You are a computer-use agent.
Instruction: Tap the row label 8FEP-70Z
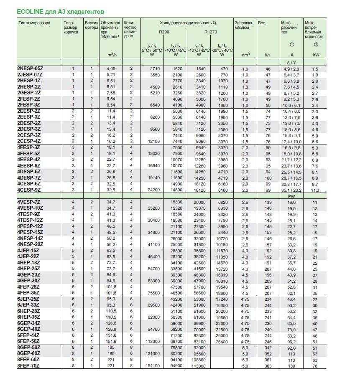click(29, 366)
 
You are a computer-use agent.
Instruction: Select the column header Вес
click(262, 23)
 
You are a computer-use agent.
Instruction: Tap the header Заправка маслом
click(243, 25)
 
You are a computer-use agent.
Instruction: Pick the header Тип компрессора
click(34, 23)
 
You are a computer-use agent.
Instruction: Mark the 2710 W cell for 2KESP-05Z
click(154, 68)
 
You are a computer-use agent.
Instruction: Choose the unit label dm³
click(246, 54)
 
